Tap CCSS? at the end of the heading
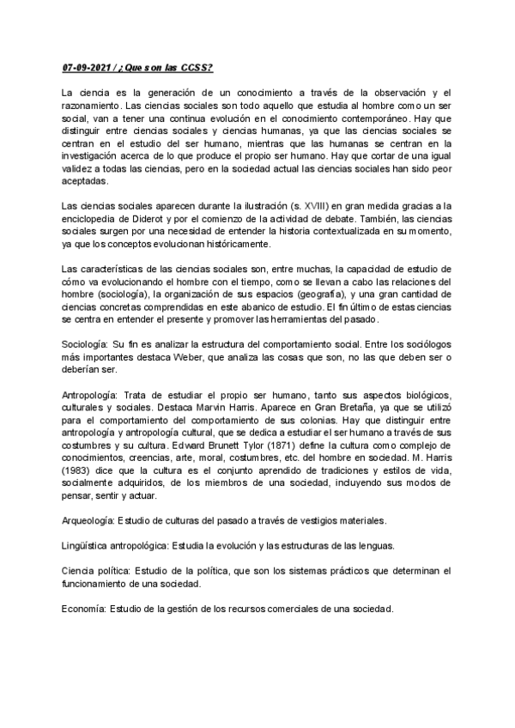tap(200, 68)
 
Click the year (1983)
tap(79, 469)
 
